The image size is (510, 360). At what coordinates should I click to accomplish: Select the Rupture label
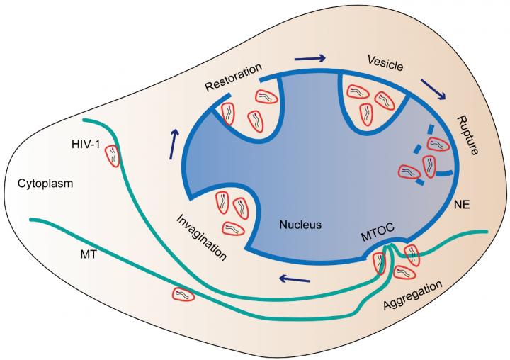[467, 135]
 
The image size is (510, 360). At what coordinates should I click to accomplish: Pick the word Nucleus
[300, 225]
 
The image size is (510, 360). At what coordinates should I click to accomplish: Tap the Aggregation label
[412, 295]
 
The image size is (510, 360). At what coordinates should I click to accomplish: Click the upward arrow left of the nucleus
[174, 143]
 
